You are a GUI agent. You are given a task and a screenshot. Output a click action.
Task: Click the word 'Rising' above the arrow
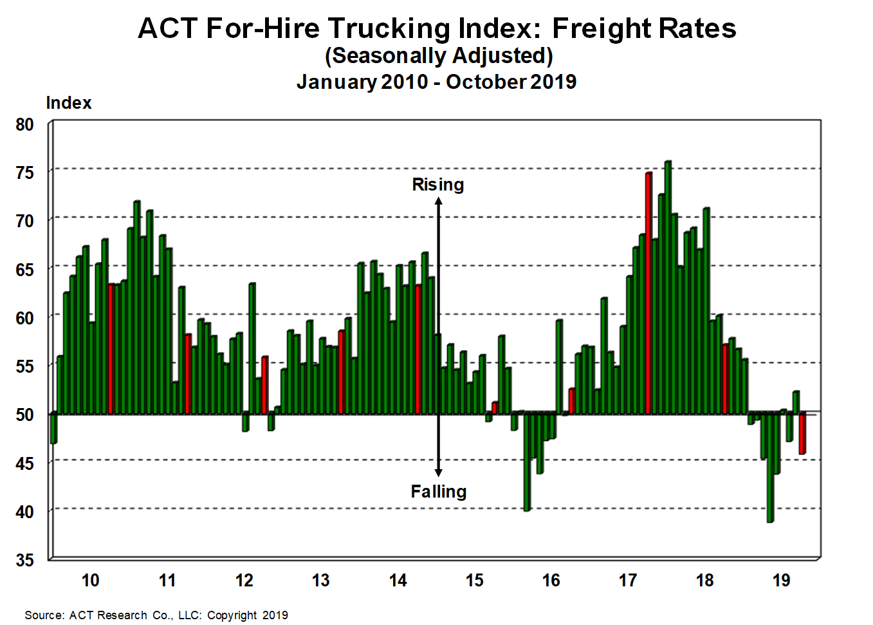point(437,185)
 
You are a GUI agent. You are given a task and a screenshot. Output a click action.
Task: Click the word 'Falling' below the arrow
point(438,492)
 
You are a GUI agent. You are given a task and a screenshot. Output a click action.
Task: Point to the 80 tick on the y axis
point(24,125)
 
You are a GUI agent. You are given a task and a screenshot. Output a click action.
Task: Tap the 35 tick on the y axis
point(24,560)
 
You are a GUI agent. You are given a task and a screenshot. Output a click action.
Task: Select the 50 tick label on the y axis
point(24,415)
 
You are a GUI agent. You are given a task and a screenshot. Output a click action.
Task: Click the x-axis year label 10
point(90,581)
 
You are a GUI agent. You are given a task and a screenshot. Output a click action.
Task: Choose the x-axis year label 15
point(474,581)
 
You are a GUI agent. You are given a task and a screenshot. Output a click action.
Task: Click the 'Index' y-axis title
point(68,103)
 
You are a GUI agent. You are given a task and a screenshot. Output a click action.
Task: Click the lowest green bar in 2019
point(769,467)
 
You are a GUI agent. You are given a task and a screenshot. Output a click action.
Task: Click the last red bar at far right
point(802,434)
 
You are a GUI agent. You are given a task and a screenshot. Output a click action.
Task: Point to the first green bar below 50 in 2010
point(53,429)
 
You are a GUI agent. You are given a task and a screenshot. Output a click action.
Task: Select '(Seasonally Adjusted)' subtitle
point(439,56)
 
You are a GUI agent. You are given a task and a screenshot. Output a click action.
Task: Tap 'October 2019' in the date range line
point(511,82)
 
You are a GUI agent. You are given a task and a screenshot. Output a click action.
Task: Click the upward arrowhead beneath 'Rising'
point(438,201)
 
